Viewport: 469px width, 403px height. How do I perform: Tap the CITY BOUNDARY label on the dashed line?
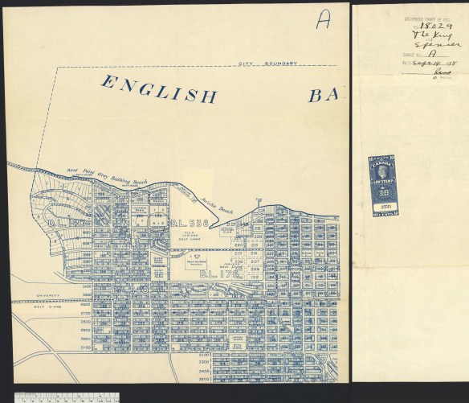tap(269, 64)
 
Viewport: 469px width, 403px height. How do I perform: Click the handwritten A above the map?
tap(322, 21)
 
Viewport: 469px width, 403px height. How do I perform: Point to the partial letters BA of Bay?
tap(325, 96)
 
